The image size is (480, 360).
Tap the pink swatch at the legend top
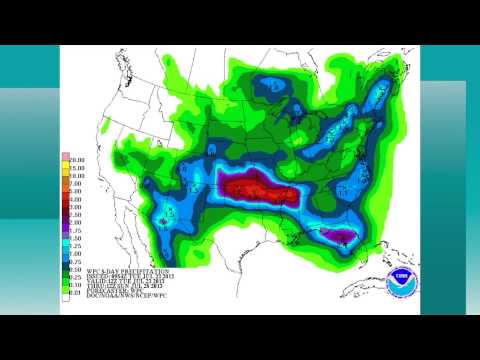point(65,156)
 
